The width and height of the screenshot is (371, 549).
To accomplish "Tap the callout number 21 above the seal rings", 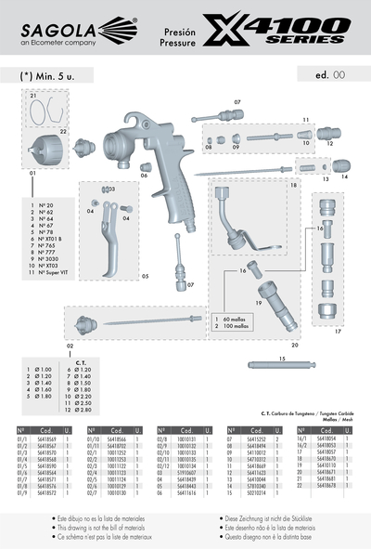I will (x=32, y=96).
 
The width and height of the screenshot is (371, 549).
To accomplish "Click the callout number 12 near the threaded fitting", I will (x=329, y=144).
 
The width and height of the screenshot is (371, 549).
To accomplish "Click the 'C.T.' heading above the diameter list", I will (x=80, y=362).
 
